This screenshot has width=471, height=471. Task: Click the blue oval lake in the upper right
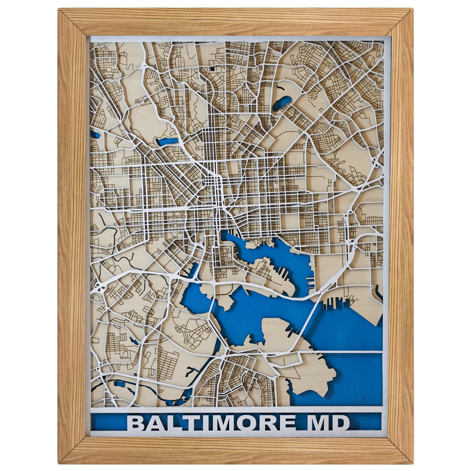(x=281, y=105)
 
